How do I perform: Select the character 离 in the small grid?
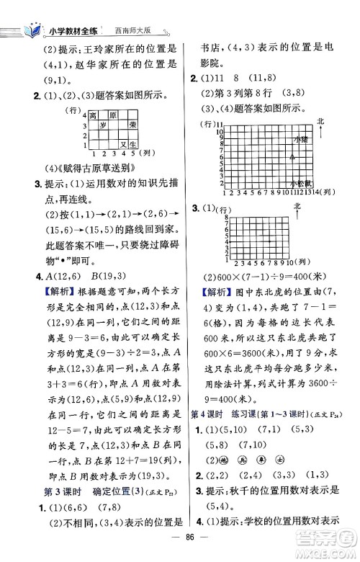(x=92, y=115)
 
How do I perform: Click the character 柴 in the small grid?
(x=132, y=125)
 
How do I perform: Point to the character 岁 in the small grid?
(x=102, y=125)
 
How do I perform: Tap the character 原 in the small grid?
(x=112, y=115)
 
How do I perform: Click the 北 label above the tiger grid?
(x=295, y=207)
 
